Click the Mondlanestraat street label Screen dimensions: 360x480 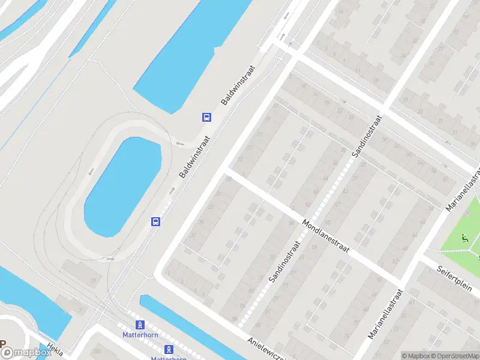[329, 233]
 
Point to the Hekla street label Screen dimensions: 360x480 [55, 350]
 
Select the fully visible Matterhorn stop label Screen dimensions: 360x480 [140, 335]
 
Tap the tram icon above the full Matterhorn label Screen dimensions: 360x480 [140, 324]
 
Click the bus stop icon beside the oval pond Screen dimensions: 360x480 [155, 221]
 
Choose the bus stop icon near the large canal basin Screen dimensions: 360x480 [206, 117]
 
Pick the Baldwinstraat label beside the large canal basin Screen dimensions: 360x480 [238, 86]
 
